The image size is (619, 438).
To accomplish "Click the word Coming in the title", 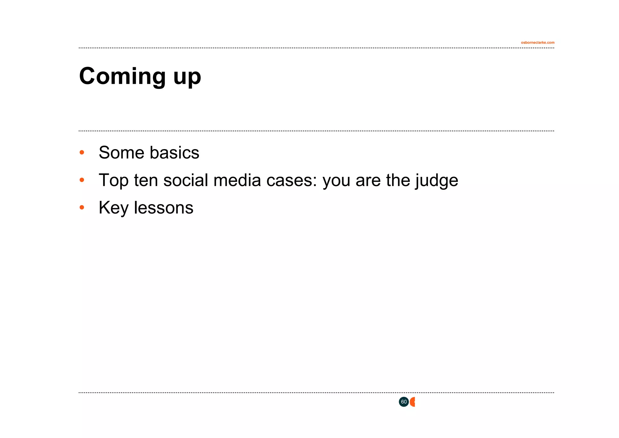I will pyautogui.click(x=122, y=76).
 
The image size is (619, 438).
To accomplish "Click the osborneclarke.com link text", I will pyautogui.click(x=537, y=43).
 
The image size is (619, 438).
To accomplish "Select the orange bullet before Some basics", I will pyautogui.click(x=82, y=152).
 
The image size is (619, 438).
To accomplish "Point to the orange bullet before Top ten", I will pyautogui.click(x=82, y=180).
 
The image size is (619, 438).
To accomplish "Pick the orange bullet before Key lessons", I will pyautogui.click(x=82, y=208).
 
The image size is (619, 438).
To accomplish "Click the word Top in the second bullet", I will pyautogui.click(x=113, y=180).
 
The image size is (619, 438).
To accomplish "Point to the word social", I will pyautogui.click(x=186, y=180).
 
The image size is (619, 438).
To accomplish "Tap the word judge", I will pyautogui.click(x=436, y=181).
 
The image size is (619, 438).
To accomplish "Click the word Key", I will pyautogui.click(x=113, y=208).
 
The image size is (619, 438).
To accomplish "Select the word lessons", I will pyautogui.click(x=163, y=208).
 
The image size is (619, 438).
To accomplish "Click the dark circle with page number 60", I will pyautogui.click(x=403, y=402).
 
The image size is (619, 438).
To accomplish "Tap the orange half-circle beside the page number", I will pyautogui.click(x=413, y=402).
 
